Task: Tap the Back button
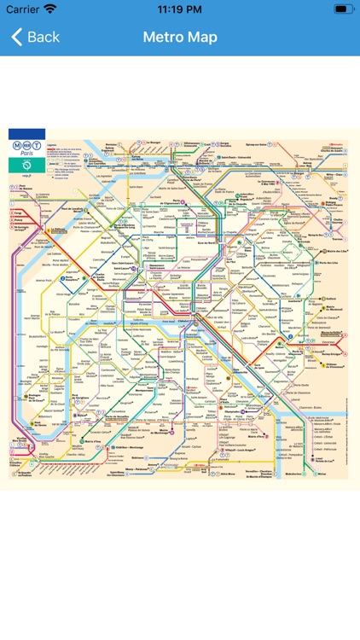click(35, 37)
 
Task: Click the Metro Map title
click(180, 37)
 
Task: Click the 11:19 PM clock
click(180, 9)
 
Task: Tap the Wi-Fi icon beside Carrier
click(51, 9)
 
